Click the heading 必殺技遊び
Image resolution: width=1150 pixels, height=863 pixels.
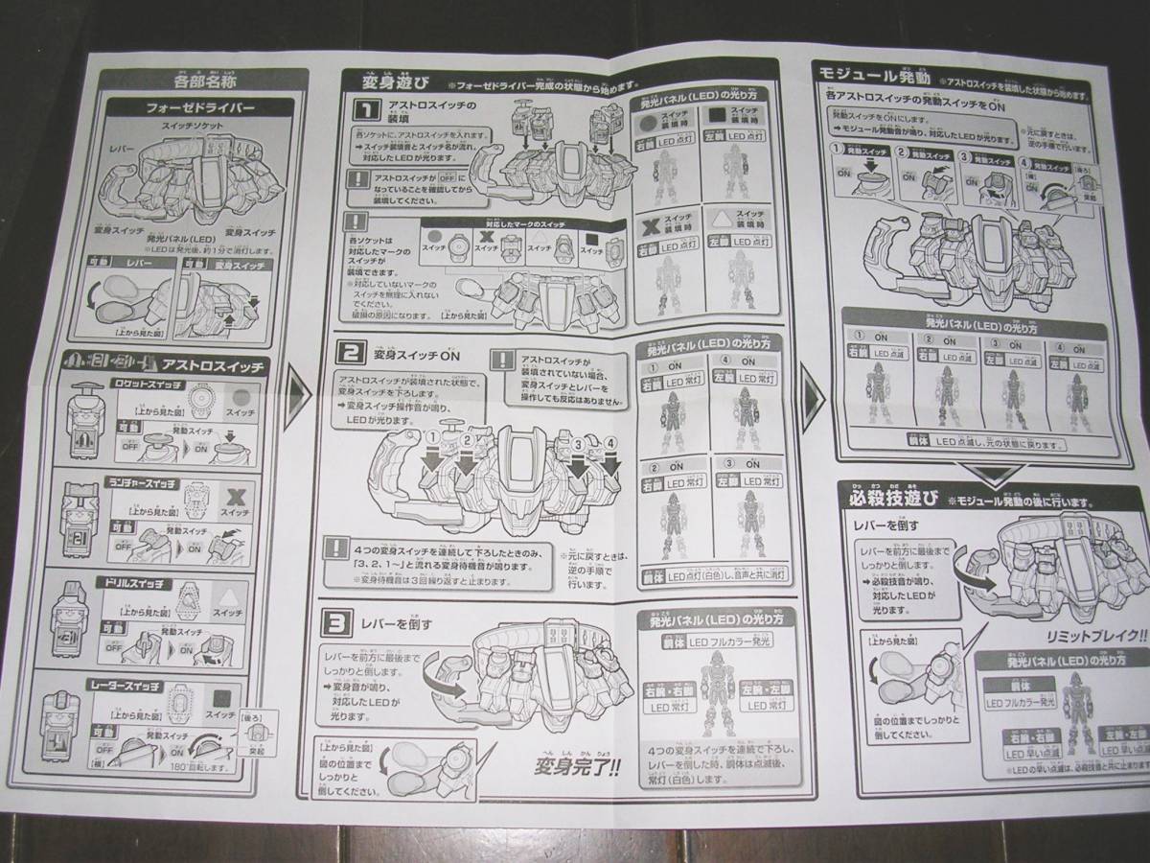pos(890,499)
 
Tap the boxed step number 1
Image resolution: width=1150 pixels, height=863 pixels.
pos(362,111)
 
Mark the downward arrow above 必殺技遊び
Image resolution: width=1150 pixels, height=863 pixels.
pos(993,473)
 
